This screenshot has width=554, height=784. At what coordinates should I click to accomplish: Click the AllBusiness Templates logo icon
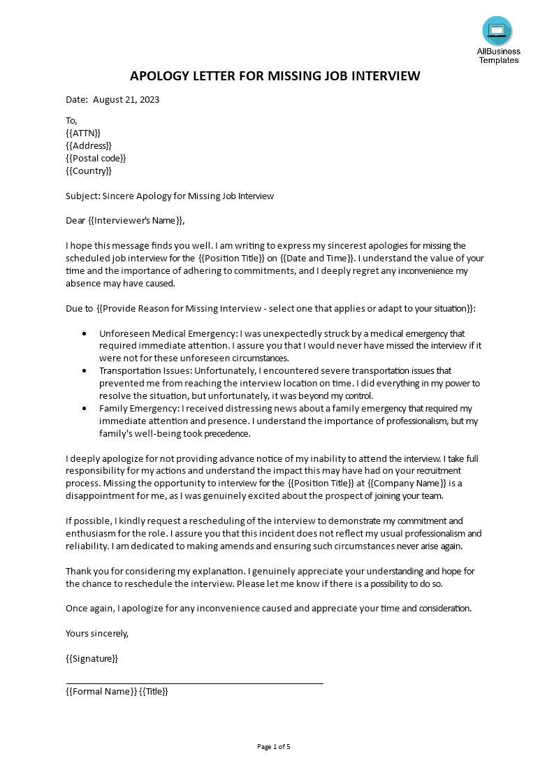click(497, 31)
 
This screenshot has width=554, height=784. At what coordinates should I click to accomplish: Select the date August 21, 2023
click(126, 99)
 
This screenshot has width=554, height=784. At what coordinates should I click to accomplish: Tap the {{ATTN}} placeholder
click(83, 133)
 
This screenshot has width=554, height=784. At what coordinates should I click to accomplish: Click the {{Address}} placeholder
click(89, 145)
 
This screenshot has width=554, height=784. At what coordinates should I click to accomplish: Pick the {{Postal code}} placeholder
click(96, 158)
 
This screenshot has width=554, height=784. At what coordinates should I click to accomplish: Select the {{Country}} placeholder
click(89, 170)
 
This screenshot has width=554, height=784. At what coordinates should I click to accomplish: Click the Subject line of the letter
click(170, 196)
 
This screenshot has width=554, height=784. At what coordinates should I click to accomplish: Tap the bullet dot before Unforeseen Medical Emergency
click(85, 334)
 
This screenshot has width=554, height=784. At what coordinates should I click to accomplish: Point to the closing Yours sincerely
click(97, 633)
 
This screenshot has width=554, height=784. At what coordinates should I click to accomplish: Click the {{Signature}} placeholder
click(92, 658)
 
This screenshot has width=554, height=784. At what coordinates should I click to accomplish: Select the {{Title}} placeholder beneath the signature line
click(154, 691)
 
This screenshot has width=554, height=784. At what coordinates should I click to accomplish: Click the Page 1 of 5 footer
click(273, 746)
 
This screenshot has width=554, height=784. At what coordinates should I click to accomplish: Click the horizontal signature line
click(194, 683)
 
